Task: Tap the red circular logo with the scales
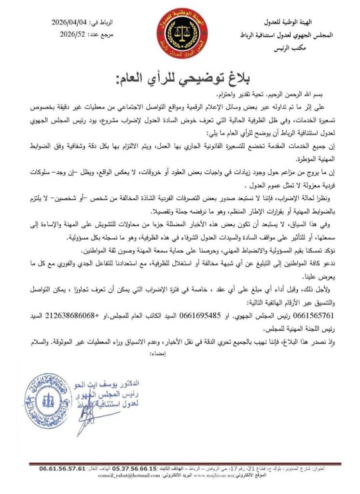coord(180,34)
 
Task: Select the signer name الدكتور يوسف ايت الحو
coord(118,384)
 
